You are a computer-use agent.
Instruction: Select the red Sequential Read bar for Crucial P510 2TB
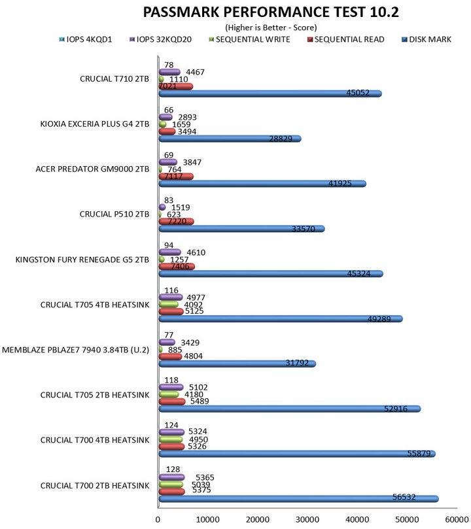[176, 221]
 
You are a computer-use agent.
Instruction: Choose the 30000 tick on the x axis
[307, 519]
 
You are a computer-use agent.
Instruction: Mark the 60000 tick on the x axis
[456, 519]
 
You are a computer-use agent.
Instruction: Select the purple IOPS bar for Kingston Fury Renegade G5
[169, 251]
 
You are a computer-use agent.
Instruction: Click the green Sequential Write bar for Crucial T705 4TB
[168, 304]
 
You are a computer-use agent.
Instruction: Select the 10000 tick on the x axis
[208, 519]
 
